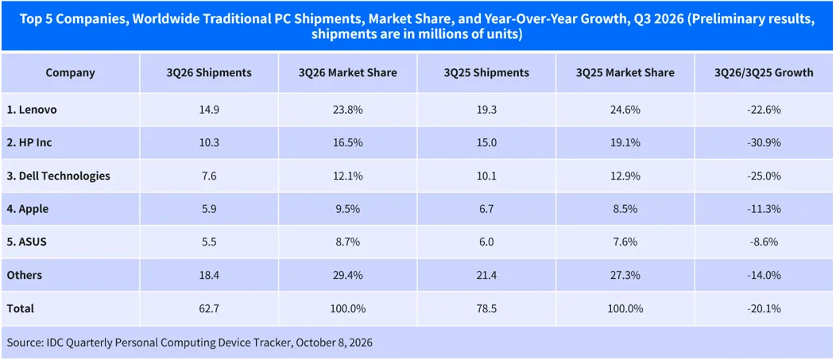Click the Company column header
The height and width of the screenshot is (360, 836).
71,72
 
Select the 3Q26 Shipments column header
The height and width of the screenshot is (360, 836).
209,72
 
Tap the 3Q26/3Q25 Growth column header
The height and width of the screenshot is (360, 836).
764,72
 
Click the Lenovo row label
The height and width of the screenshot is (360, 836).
32,110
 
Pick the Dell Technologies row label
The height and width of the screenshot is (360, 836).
59,176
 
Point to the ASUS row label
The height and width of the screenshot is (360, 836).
27,242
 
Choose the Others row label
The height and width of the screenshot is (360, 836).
25,275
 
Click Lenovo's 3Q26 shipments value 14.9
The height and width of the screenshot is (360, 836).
209,110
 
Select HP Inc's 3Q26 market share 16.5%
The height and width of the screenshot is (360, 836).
347,143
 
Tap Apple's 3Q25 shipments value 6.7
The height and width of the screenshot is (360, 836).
486,209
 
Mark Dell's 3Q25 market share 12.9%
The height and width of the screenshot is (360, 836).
625,176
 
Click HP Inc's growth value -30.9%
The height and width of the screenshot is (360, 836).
764,143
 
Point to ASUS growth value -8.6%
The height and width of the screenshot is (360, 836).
764,242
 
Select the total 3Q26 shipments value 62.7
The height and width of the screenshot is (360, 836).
209,308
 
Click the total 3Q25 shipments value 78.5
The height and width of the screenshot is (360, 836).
486,308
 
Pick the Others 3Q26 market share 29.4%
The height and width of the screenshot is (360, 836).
347,275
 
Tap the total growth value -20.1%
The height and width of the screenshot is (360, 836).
764,308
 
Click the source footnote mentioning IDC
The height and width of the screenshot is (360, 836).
190,343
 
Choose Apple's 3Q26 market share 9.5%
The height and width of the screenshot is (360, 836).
347,209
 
